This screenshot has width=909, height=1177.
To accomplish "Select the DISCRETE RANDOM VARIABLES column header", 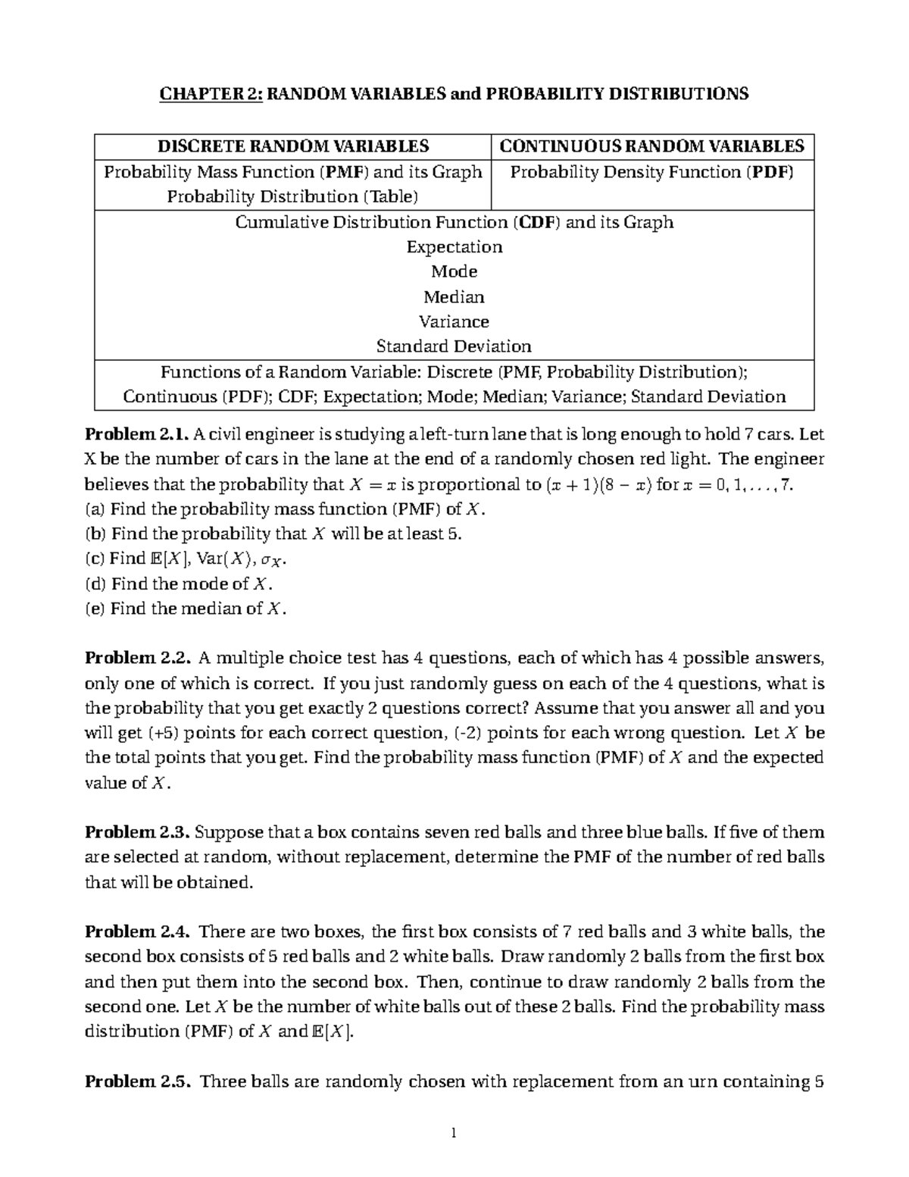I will pyautogui.click(x=292, y=146).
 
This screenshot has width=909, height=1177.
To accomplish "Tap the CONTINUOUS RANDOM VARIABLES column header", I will pyautogui.click(x=652, y=146).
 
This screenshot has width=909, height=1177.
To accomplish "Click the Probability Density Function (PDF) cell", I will pyautogui.click(x=652, y=172).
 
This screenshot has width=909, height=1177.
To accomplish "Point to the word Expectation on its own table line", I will pyautogui.click(x=454, y=247).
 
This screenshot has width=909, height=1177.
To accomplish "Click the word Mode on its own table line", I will pyautogui.click(x=454, y=271).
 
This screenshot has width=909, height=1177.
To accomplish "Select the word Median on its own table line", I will pyautogui.click(x=454, y=296).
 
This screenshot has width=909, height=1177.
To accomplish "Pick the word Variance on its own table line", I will pyautogui.click(x=454, y=321).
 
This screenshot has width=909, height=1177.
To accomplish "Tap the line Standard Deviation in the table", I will pyautogui.click(x=454, y=346).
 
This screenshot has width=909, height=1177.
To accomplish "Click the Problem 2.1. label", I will pyautogui.click(x=136, y=435).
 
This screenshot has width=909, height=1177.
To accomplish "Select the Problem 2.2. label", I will pyautogui.click(x=136, y=658).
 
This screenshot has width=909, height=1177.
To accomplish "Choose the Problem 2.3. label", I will pyautogui.click(x=136, y=832).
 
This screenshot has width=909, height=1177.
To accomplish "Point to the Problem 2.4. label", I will pyautogui.click(x=136, y=931).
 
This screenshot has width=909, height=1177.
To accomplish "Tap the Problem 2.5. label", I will pyautogui.click(x=136, y=1081).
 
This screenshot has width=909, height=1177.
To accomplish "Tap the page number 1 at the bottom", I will pyautogui.click(x=453, y=1134).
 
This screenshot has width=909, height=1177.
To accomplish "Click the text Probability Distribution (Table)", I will pyautogui.click(x=292, y=196).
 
